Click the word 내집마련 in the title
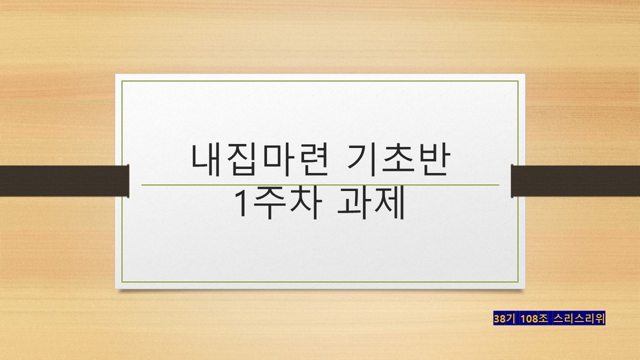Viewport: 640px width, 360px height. click(x=259, y=160)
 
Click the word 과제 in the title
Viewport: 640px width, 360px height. click(x=371, y=203)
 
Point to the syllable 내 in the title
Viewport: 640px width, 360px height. click(x=206, y=160)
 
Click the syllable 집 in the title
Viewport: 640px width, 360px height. click(x=242, y=160)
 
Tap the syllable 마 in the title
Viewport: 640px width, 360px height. click(x=277, y=160)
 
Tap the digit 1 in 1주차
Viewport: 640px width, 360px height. click(x=242, y=203)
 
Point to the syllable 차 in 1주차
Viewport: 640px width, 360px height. click(x=306, y=203)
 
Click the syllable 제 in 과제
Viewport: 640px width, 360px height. click(x=389, y=203)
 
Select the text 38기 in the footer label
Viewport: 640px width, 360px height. click(x=504, y=318)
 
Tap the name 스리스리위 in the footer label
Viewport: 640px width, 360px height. click(x=579, y=318)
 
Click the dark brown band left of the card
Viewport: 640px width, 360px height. click(x=64, y=181)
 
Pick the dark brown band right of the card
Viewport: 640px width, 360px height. click(x=575, y=181)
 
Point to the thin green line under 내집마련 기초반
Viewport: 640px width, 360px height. click(x=321, y=185)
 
